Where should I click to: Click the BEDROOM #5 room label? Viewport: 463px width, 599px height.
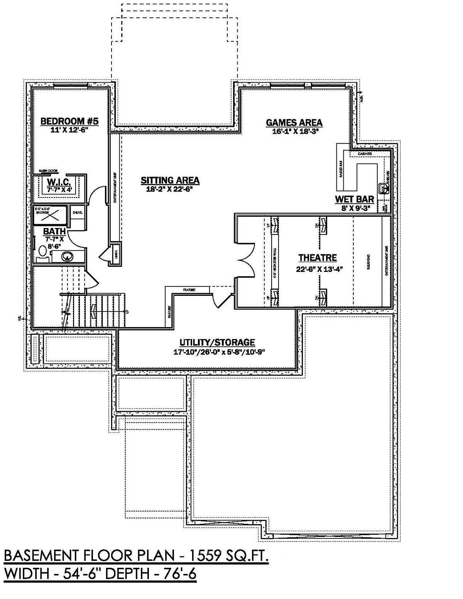[69, 121]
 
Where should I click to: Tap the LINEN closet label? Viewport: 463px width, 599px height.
[115, 255]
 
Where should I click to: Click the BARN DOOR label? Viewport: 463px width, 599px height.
[48, 170]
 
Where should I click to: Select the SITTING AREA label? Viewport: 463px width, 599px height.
[170, 180]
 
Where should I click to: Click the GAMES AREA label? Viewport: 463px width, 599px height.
[294, 123]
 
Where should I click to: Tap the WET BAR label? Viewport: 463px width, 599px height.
[354, 199]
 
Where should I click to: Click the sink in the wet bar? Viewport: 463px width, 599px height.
[384, 189]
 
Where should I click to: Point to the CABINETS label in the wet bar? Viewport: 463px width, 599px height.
[365, 154]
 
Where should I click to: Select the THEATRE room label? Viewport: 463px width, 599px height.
[318, 258]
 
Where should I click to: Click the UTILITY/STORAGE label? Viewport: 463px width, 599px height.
[217, 343]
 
